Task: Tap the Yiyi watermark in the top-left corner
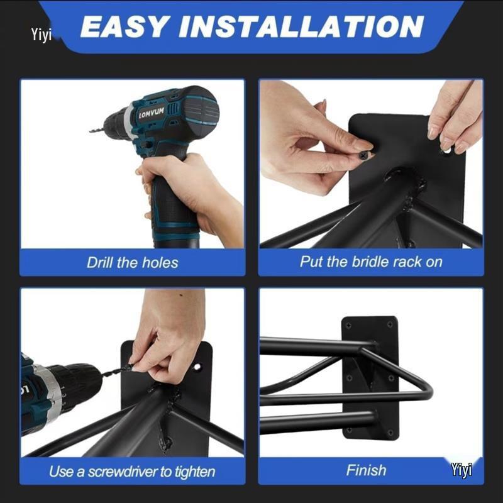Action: click(41, 34)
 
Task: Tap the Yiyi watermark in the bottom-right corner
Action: click(461, 470)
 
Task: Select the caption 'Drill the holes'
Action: click(132, 262)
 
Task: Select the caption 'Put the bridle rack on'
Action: click(371, 262)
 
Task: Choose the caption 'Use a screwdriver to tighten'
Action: click(132, 471)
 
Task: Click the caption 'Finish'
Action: click(367, 470)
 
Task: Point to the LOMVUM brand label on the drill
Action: click(150, 111)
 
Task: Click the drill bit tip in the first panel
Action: click(92, 131)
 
